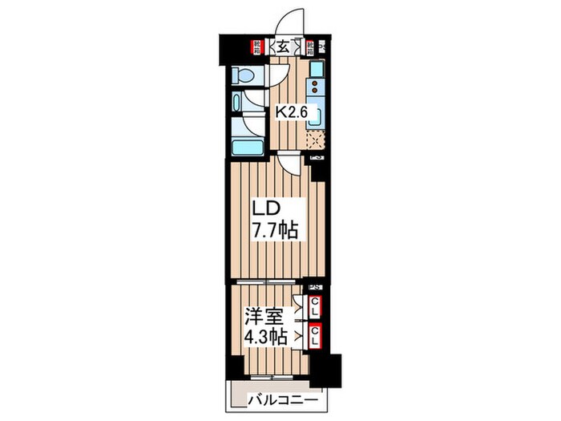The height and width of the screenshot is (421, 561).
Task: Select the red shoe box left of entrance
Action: tap(257, 47)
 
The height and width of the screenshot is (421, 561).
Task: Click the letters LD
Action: tap(265, 208)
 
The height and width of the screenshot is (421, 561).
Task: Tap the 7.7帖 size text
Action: tap(276, 231)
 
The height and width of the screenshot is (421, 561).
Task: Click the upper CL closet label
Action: tap(314, 306)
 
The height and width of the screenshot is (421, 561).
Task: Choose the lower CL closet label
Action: tap(314, 336)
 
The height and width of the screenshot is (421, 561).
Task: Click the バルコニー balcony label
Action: tap(283, 399)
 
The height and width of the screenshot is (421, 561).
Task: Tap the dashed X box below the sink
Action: tap(315, 143)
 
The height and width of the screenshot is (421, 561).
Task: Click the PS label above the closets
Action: tap(315, 282)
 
